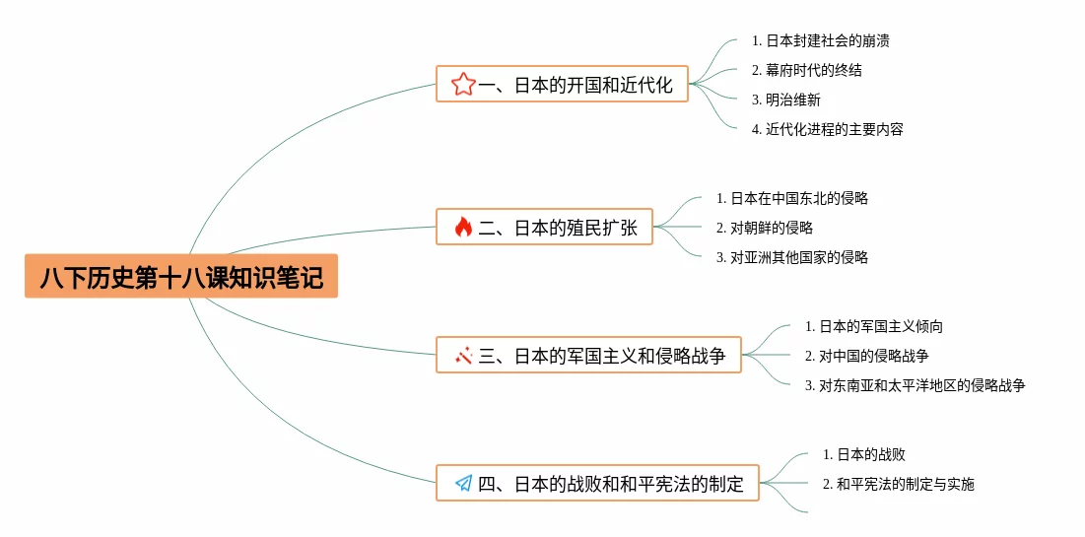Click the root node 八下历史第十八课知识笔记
click(x=181, y=277)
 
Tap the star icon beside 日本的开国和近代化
click(x=462, y=85)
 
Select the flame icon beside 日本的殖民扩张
click(x=463, y=228)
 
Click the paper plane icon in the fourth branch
click(x=463, y=483)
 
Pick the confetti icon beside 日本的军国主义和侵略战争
click(x=463, y=355)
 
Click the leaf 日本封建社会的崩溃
click(x=821, y=41)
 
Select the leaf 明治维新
click(x=785, y=100)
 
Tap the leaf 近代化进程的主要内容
click(x=827, y=129)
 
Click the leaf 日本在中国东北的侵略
click(x=792, y=198)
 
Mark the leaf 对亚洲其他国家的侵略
click(x=792, y=257)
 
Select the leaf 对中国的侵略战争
click(x=866, y=356)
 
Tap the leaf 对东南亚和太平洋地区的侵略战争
click(x=915, y=385)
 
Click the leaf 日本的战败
click(x=863, y=454)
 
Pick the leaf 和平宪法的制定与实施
click(x=898, y=484)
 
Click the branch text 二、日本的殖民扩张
click(x=558, y=228)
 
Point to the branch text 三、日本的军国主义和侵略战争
click(x=602, y=355)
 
